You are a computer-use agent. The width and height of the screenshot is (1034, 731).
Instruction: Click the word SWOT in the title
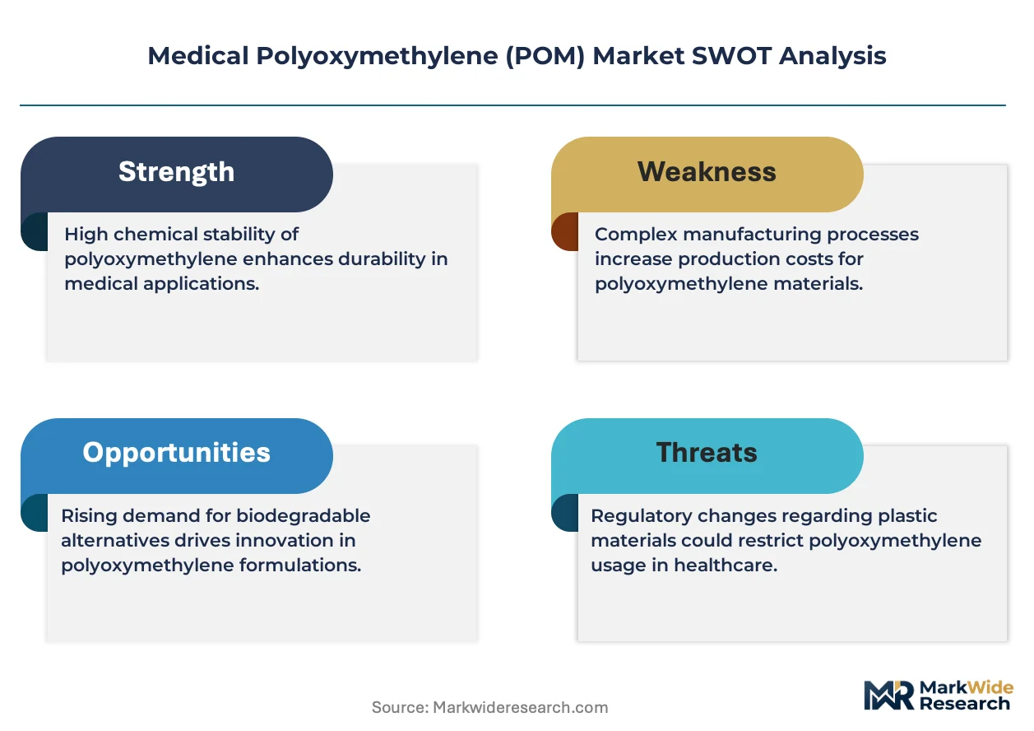pos(731,55)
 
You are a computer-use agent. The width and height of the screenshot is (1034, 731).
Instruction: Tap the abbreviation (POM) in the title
pos(545,56)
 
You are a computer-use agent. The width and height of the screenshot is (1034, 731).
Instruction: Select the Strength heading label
pos(176,173)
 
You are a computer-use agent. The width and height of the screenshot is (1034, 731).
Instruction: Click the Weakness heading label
pos(707,171)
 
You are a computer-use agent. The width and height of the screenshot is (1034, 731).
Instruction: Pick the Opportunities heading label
pos(176,453)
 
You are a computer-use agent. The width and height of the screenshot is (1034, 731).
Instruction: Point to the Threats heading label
pos(707,452)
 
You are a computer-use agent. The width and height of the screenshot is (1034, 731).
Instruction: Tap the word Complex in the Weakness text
pos(636,235)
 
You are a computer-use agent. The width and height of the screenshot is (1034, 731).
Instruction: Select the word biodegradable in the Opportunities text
pos(303,515)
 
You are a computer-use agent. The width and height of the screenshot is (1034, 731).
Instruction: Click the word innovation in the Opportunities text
pos(287,540)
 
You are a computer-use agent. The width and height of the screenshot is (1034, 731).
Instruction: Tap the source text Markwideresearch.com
pos(520,707)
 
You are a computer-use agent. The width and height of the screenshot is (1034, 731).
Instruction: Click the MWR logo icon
pos(888,695)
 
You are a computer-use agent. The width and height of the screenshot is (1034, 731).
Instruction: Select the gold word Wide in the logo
pos(990,687)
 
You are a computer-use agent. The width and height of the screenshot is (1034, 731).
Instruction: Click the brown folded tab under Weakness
pos(565,231)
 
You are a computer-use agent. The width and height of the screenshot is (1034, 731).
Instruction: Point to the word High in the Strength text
pos(86,235)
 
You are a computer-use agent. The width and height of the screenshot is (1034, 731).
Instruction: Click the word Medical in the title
pos(198,55)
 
